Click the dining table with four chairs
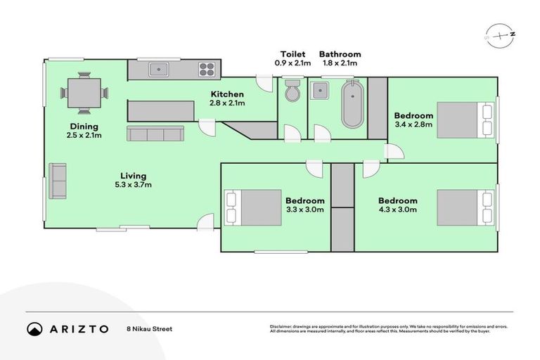tap(84, 93)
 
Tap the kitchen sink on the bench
tap(159, 69)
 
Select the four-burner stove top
tap(207, 69)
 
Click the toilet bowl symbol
tap(292, 91)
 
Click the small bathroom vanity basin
tap(320, 90)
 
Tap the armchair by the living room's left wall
tap(58, 181)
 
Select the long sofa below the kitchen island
tap(155, 134)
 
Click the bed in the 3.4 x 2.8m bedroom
tap(465, 120)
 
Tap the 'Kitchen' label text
tap(227, 94)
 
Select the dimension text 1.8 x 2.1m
tap(340, 63)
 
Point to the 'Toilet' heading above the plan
tap(292, 54)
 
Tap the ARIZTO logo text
tap(78, 328)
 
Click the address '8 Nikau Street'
tap(149, 328)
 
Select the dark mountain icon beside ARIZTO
tap(34, 328)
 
